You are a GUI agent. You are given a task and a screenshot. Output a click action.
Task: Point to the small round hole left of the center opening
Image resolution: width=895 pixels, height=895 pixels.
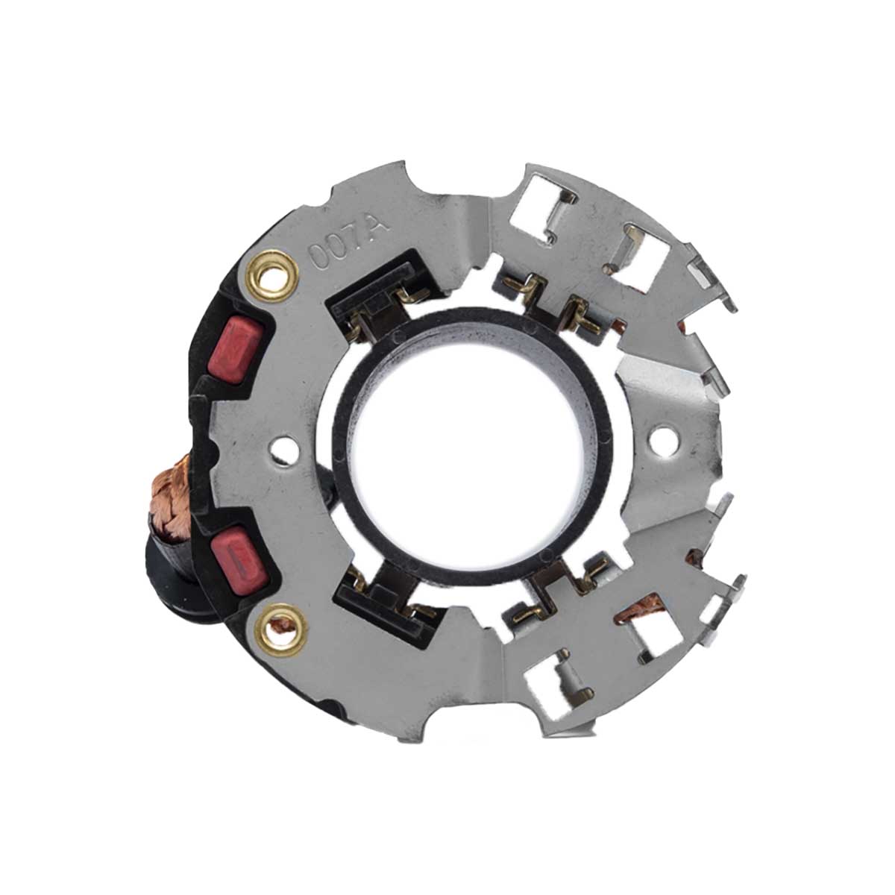(x=285, y=450)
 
